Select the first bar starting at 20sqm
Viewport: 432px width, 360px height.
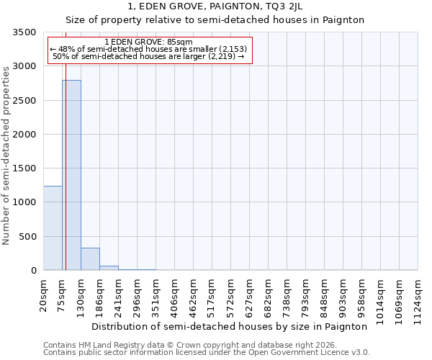[x=53, y=228]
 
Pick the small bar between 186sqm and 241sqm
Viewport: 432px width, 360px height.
[x=109, y=268]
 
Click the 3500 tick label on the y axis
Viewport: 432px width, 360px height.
[x=25, y=33]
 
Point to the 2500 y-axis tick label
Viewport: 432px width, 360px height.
[x=25, y=101]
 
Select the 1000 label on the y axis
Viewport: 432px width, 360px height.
[x=25, y=203]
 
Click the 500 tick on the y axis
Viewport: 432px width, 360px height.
[x=28, y=237]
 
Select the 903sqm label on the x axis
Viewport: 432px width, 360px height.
[x=343, y=296]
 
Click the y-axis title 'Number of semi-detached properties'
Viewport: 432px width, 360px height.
[x=7, y=155]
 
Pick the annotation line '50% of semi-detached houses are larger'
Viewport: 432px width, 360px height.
[x=149, y=57]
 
